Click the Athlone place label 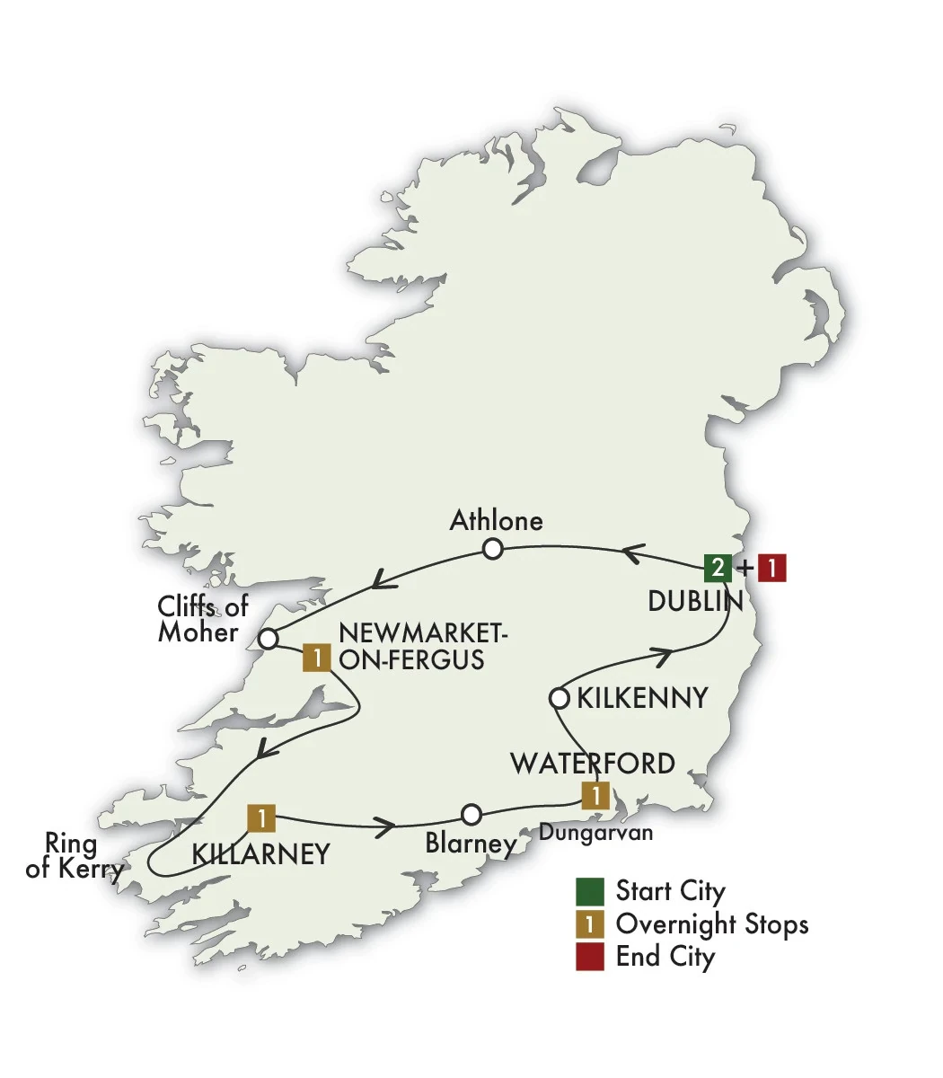pyautogui.click(x=496, y=521)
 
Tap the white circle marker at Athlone pyautogui.click(x=491, y=549)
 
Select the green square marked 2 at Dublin pyautogui.click(x=716, y=568)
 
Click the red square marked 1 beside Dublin pyautogui.click(x=771, y=568)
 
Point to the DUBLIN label pyautogui.click(x=695, y=601)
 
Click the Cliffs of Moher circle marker pyautogui.click(x=268, y=640)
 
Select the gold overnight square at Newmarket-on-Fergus pyautogui.click(x=316, y=658)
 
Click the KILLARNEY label pyautogui.click(x=261, y=854)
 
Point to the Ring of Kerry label pyautogui.click(x=74, y=856)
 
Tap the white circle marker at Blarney pyautogui.click(x=471, y=815)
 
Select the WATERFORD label pyautogui.click(x=592, y=764)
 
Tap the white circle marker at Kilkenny pyautogui.click(x=559, y=698)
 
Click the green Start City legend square pyautogui.click(x=590, y=891)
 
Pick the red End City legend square pyautogui.click(x=590, y=957)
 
